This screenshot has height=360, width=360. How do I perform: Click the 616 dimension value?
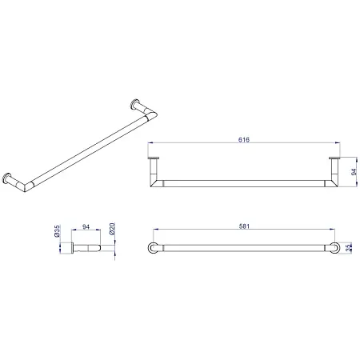coord(244,139)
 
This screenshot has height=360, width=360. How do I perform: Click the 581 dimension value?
coord(244,226)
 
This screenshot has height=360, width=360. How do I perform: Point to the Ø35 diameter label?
coord(57,231)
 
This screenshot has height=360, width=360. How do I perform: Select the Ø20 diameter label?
coord(112,229)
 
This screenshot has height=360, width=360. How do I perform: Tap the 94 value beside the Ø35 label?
coord(86,227)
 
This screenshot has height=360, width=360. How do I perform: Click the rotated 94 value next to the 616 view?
coord(354,172)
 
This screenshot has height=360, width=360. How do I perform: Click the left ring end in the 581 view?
coord(153,248)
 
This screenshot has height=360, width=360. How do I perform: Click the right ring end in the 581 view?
coord(334,248)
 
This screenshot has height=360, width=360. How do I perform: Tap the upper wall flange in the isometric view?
coord(135,104)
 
